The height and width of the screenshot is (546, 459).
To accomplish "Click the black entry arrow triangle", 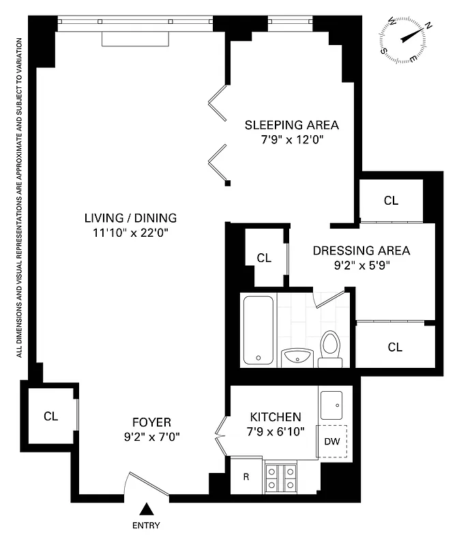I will (146, 509).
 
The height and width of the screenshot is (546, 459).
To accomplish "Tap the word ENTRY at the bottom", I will (146, 526).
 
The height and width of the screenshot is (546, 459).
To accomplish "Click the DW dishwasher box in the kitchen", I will (333, 442).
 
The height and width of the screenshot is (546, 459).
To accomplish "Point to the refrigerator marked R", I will (246, 476).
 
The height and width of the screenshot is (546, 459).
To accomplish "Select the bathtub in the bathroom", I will (258, 330).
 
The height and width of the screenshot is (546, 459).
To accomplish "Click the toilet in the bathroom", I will (331, 348).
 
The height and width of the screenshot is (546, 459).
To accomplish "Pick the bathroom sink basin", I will (297, 356).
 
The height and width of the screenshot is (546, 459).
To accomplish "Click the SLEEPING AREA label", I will (292, 126).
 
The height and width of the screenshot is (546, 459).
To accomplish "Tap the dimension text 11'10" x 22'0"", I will (130, 233).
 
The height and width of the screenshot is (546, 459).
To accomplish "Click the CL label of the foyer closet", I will (51, 416).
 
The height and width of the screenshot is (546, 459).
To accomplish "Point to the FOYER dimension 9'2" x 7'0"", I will (151, 436).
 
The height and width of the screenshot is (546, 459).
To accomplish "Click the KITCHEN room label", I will (275, 417).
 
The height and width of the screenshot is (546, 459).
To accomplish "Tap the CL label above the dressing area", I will (391, 201).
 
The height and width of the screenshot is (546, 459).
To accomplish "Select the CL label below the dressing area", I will (395, 347).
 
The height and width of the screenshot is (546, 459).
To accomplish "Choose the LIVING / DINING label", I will (130, 218).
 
